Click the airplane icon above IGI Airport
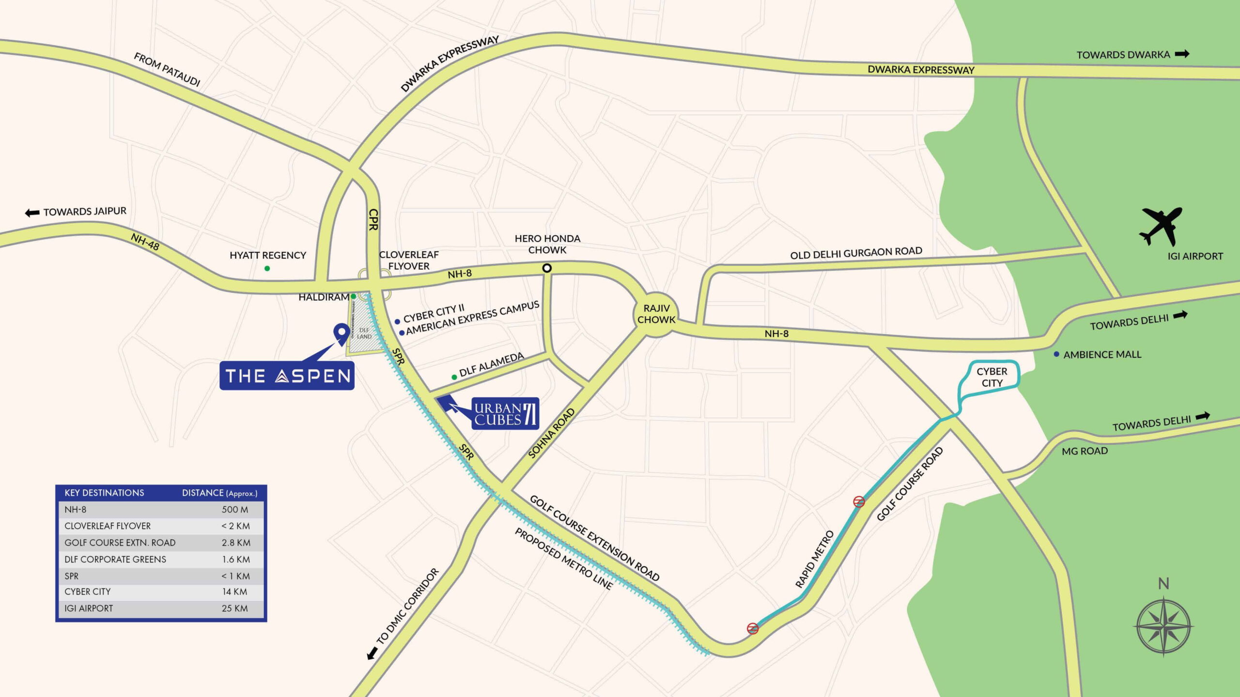(x=1162, y=226)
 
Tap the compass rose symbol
(x=1163, y=626)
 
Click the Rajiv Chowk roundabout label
(x=656, y=314)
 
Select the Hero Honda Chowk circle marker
(x=547, y=268)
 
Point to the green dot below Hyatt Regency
(x=267, y=268)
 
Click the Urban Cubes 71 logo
(x=505, y=414)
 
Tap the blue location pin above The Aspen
(x=341, y=333)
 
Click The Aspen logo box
(x=287, y=376)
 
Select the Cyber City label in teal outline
(x=992, y=377)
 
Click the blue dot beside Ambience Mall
(x=1056, y=354)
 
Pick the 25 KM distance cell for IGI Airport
(x=235, y=608)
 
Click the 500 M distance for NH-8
(x=235, y=509)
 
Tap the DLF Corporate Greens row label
(x=115, y=560)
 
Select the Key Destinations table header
(x=104, y=493)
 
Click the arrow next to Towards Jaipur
(x=32, y=213)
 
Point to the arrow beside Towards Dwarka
(x=1182, y=54)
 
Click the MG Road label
(x=1085, y=451)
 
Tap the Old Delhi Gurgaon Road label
(x=856, y=253)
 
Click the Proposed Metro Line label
(x=563, y=559)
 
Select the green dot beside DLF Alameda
(x=454, y=377)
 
